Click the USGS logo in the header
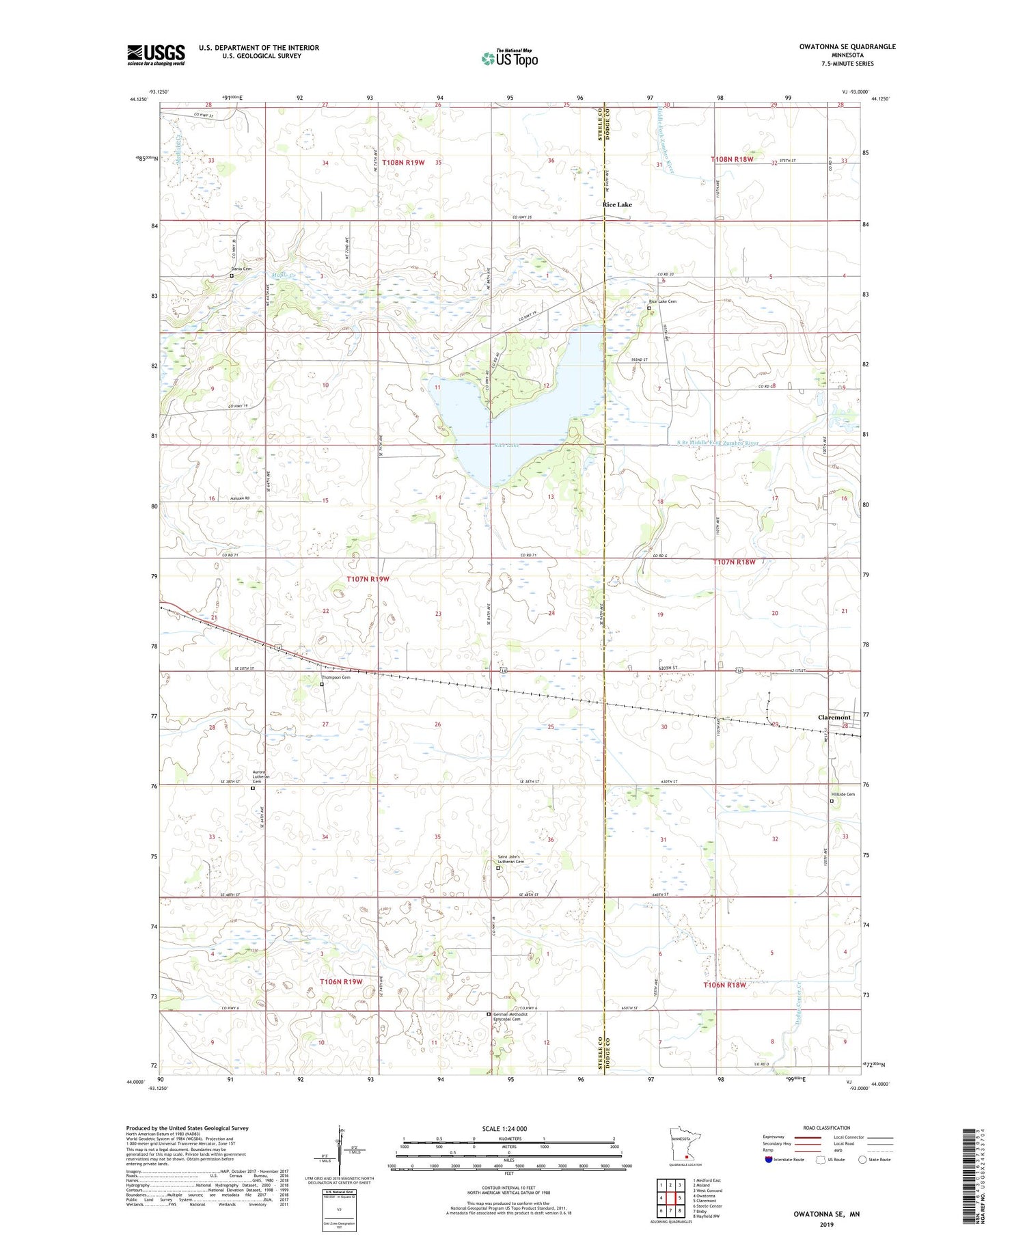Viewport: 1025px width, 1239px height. click(x=156, y=55)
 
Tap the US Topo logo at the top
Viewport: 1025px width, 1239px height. click(x=509, y=58)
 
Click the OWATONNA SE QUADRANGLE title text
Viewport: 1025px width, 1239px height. click(x=847, y=46)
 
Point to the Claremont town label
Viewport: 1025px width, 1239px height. click(x=834, y=718)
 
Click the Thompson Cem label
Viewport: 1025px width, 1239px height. click(x=336, y=677)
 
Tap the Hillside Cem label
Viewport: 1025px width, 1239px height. click(x=843, y=794)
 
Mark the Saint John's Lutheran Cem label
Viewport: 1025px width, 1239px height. click(x=510, y=860)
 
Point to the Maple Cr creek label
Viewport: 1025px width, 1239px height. click(x=282, y=275)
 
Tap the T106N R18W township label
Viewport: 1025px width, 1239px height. click(x=724, y=985)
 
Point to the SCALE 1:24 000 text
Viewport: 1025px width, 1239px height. click(x=509, y=1128)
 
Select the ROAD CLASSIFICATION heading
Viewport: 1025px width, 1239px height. click(x=827, y=1128)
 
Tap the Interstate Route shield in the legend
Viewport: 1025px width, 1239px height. click(x=768, y=1159)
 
